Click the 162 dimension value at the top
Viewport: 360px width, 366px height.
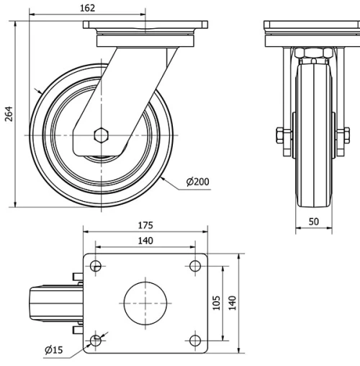(87, 8)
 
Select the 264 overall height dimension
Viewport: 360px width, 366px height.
(9, 114)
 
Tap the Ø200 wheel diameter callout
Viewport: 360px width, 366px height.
(197, 182)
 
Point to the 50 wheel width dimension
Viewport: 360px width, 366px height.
(314, 222)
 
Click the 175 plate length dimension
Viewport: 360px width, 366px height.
(145, 226)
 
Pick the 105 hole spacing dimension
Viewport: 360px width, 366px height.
(217, 303)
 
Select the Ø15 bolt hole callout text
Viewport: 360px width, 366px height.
(54, 350)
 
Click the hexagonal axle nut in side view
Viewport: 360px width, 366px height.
(102, 135)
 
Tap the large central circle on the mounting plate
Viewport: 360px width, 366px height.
(145, 303)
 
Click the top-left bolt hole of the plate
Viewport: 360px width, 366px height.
(96, 266)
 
